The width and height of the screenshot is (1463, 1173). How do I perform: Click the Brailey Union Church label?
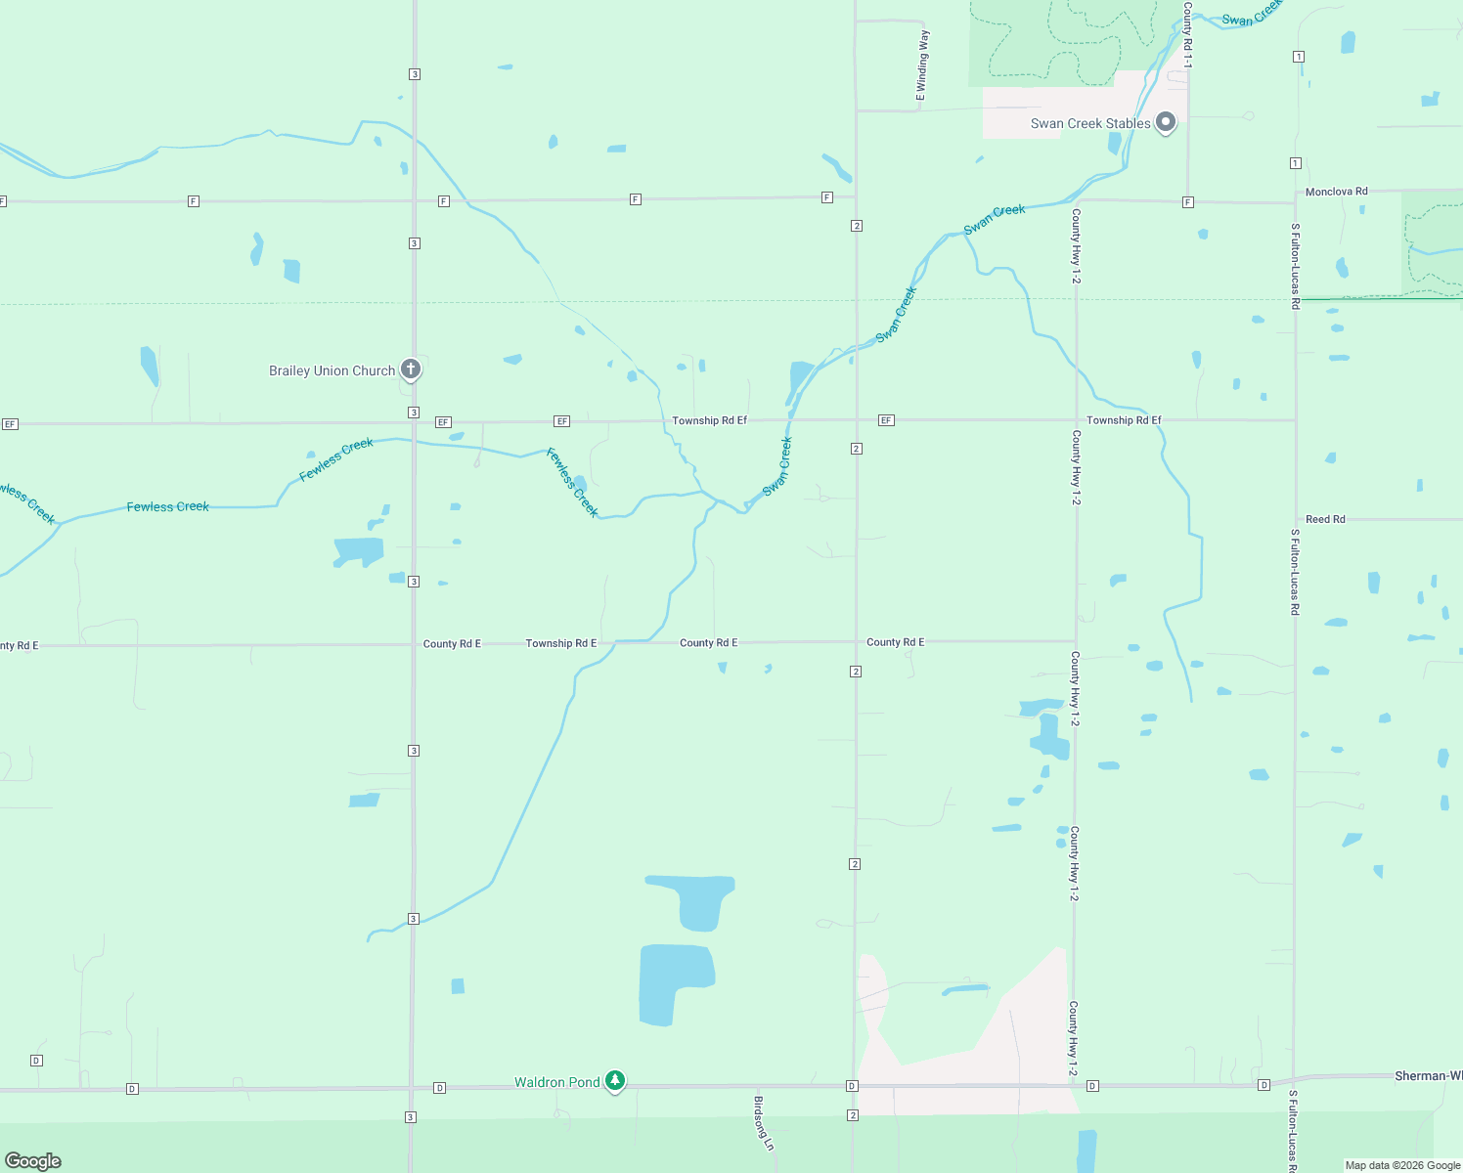pos(332,371)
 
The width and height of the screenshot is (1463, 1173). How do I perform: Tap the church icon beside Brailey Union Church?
pos(412,369)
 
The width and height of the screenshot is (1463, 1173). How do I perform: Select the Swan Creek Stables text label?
pos(1090,124)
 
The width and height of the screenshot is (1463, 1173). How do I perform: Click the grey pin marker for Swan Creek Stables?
pos(1165,122)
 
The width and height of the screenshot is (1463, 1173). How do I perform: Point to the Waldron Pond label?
pos(557,1082)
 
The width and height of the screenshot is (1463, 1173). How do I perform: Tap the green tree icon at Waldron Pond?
pos(615,1080)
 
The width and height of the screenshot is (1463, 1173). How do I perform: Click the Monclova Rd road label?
pos(1336,192)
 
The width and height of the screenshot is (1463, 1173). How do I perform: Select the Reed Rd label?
pos(1325,519)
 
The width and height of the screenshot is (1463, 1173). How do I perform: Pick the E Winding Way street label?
pos(922,65)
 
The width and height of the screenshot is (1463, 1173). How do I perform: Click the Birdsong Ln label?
pos(764,1122)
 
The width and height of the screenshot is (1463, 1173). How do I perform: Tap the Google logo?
pos(33,1161)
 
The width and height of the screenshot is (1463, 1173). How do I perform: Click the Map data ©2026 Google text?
pos(1402,1165)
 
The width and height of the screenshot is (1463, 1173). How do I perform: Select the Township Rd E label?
pos(560,643)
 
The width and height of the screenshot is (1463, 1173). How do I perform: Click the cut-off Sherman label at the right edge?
pos(1428,1076)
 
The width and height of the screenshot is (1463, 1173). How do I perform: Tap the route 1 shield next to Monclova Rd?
pos(1296,163)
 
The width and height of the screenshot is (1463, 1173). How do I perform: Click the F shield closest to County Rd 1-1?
pos(1187,202)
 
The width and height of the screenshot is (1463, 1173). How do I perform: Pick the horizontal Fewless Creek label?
pos(167,506)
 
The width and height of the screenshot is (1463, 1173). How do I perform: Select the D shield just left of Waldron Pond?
pos(440,1088)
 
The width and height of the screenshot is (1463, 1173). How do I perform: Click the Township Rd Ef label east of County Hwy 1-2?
pos(1124,420)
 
